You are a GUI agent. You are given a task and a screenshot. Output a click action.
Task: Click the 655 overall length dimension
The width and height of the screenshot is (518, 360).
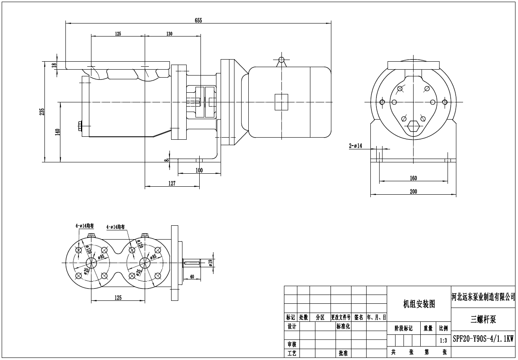click(x=198, y=21)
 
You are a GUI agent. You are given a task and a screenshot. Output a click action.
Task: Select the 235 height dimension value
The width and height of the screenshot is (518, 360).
click(x=42, y=112)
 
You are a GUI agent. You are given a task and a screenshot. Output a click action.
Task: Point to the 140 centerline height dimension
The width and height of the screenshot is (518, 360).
click(x=57, y=132)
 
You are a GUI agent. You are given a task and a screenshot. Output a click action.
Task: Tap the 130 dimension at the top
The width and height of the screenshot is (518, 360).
click(x=169, y=34)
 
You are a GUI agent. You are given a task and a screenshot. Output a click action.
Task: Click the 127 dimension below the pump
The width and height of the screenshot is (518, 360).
click(x=172, y=183)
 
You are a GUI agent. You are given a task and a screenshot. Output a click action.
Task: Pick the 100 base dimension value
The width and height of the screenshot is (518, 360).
click(x=199, y=170)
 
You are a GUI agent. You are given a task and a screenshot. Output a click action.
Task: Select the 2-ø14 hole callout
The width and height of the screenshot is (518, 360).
click(x=355, y=146)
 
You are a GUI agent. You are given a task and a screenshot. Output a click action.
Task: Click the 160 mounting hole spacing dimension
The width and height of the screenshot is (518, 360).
click(x=413, y=178)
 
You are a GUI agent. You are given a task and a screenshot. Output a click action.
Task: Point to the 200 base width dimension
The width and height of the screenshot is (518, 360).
click(x=413, y=191)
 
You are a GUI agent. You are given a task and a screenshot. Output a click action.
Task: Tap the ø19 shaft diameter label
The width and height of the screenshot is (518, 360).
click(x=210, y=263)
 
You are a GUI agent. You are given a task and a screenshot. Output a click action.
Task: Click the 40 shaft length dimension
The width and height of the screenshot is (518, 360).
click(x=192, y=277)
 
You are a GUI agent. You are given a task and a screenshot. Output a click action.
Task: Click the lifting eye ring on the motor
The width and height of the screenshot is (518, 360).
click(x=281, y=60)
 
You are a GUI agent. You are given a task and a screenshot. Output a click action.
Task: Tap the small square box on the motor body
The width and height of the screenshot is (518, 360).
click(x=281, y=102)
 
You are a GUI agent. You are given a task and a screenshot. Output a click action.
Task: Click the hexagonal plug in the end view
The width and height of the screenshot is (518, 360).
click(x=413, y=126)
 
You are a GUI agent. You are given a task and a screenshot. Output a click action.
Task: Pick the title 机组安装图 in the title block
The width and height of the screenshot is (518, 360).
click(x=419, y=304)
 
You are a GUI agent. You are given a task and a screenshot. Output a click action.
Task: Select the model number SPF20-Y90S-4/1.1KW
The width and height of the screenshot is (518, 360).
click(x=483, y=339)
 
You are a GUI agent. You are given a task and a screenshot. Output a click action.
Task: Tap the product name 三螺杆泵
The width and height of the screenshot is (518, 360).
click(x=483, y=320)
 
